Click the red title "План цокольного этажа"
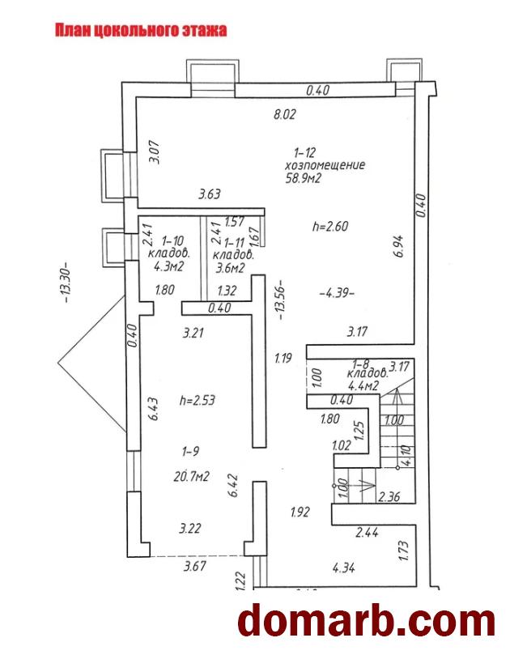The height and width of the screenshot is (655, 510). click(140, 31)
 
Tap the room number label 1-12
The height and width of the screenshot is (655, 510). click(304, 152)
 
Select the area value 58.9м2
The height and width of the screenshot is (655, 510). click(304, 179)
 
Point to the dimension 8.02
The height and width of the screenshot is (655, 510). click(284, 115)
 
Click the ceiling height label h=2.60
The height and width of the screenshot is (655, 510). click(329, 227)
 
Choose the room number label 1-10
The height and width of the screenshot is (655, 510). click(173, 240)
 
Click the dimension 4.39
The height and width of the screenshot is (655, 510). click(337, 292)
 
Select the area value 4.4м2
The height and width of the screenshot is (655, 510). click(363, 386)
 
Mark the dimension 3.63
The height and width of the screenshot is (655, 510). click(210, 194)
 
